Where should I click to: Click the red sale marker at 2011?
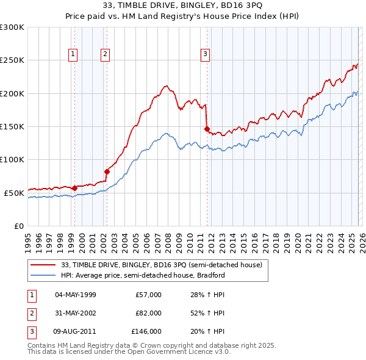207,129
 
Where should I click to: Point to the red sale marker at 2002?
107,171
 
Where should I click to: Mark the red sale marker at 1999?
74,188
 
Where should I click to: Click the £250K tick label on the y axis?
12,60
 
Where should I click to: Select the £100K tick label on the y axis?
12,159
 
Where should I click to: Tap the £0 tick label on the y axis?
18,226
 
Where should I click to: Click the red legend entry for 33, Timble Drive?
162,265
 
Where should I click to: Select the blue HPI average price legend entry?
143,275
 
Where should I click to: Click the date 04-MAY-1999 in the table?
76,295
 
